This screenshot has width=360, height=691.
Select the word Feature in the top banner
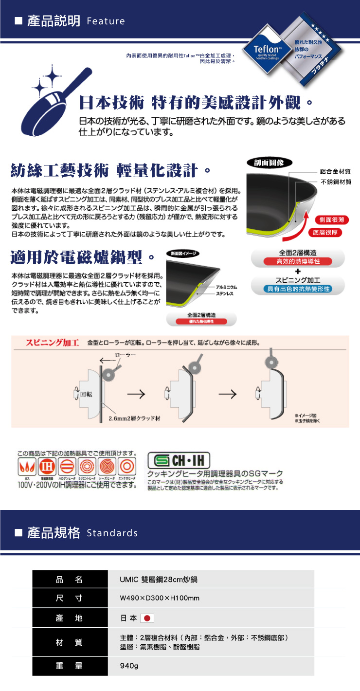coord(106,21)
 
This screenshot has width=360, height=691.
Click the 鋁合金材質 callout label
coord(335,172)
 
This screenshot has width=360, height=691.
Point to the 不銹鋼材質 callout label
coord(335,182)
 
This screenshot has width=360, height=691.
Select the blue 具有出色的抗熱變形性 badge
coord(298,289)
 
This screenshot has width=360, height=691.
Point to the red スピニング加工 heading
coord(53,342)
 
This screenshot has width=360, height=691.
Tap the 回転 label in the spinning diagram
coord(86,394)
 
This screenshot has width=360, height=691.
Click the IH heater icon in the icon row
coord(47,466)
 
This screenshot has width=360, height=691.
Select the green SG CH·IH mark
coord(179,460)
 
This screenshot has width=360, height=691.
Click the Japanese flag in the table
coord(146,618)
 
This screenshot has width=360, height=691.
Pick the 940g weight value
coord(129,666)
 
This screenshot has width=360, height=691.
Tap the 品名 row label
coord(69,579)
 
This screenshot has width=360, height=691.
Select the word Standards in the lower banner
coord(112,533)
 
